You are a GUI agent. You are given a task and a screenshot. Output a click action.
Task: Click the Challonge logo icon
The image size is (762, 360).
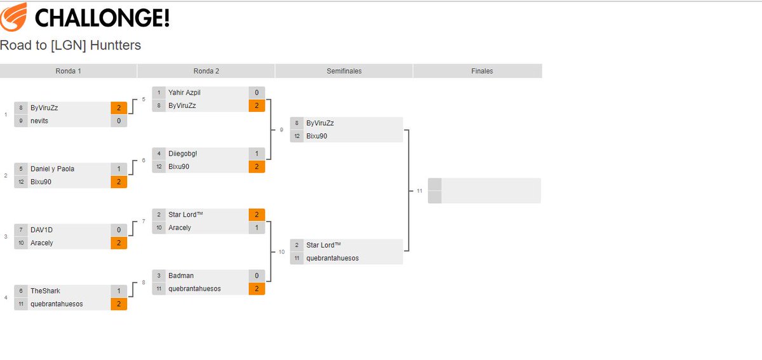[x=14, y=17]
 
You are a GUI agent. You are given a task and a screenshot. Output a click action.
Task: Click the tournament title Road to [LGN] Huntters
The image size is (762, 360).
[x=70, y=45]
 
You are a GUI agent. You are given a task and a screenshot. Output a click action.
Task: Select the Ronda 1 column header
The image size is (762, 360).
[x=69, y=71]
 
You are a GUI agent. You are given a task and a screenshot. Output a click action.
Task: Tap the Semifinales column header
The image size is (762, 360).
[x=344, y=71]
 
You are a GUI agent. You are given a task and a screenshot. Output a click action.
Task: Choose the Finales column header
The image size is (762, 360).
[x=482, y=71]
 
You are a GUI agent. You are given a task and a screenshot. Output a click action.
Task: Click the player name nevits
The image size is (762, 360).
[x=39, y=121]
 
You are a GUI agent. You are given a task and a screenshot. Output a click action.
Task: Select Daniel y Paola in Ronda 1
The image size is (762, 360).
[x=52, y=169]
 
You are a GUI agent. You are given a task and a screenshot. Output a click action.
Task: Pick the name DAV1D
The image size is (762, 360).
[x=41, y=230]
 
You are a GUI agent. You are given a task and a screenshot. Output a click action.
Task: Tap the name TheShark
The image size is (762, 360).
[x=45, y=291]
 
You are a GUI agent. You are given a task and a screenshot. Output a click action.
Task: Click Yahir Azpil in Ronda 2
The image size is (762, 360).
[x=184, y=93]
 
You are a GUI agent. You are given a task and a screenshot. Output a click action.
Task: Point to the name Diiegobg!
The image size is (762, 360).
[x=184, y=154]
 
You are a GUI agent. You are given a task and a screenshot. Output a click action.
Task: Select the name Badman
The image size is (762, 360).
[x=181, y=276]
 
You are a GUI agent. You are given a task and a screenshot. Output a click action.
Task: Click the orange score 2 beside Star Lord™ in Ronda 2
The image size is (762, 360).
[x=257, y=215]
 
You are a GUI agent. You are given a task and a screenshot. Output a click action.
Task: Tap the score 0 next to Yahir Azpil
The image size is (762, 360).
[x=257, y=93]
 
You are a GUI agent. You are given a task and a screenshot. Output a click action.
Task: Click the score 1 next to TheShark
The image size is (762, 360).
[x=119, y=291]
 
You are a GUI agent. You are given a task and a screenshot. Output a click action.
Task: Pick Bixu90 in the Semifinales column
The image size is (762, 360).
[x=316, y=136]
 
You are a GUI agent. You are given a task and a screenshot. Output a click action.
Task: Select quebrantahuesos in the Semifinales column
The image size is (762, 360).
[x=332, y=258]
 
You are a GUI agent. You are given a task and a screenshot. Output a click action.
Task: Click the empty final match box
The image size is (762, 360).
[x=490, y=190]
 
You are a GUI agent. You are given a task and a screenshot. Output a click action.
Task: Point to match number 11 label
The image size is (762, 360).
[x=419, y=190]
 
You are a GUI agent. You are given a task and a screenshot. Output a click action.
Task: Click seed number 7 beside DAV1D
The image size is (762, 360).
[x=21, y=230]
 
